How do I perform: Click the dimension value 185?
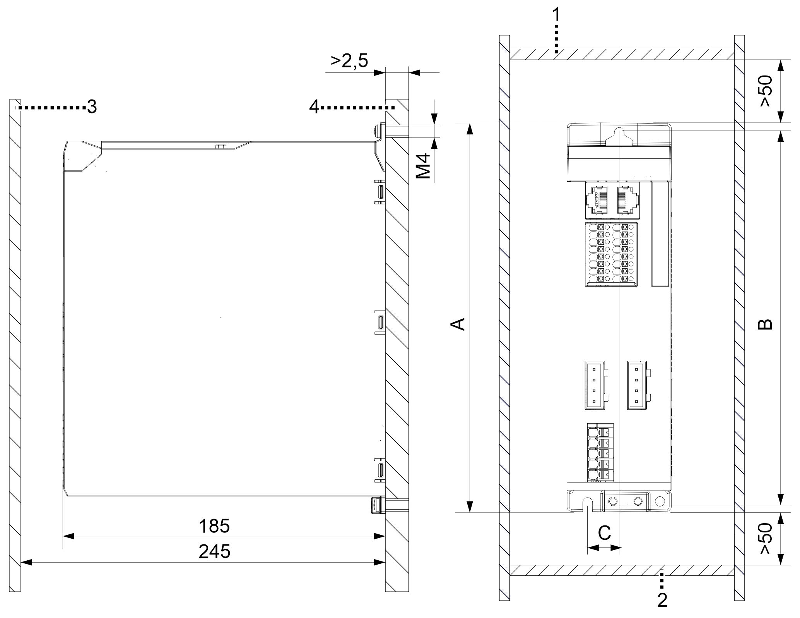click(x=214, y=526)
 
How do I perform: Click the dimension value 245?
click(x=214, y=551)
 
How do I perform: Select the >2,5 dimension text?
click(x=349, y=61)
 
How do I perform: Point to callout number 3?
click(x=92, y=107)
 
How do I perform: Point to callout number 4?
click(x=314, y=107)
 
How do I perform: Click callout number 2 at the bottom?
click(x=662, y=600)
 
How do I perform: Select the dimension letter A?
click(x=459, y=324)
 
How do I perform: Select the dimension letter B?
click(x=765, y=324)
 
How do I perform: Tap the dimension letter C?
click(x=604, y=533)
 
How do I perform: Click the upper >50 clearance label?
click(x=766, y=91)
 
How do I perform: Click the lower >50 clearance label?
click(x=766, y=539)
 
